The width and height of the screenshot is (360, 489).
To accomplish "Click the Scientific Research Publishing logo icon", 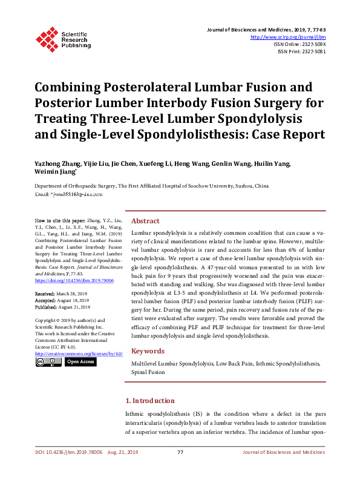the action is (x=47, y=38).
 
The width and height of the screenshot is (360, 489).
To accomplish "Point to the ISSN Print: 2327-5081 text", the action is (x=301, y=51).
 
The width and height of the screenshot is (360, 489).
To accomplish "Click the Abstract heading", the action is (x=145, y=221).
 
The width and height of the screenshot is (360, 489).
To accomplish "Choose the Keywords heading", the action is (x=148, y=351).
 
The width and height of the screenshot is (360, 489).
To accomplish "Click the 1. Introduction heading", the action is (x=149, y=401).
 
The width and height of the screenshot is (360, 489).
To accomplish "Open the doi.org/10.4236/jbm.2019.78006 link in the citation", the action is (x=74, y=281).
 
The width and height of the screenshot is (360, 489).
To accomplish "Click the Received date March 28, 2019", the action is (x=72, y=294).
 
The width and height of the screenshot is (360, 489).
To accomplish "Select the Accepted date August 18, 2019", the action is (x=73, y=300).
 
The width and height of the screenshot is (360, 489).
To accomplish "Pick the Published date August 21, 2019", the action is (x=74, y=307).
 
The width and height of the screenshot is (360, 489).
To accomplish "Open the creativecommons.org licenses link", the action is (x=79, y=353).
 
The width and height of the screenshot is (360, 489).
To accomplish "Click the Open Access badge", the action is (x=80, y=362).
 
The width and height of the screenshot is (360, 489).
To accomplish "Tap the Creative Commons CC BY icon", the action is (x=48, y=362).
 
